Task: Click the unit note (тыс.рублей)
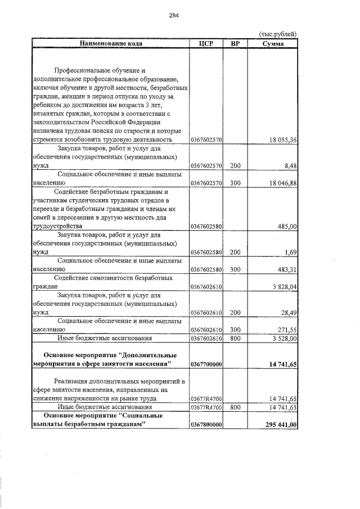pyautogui.click(x=277, y=34)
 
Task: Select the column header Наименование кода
pyautogui.click(x=111, y=43)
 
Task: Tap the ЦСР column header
pyautogui.click(x=206, y=43)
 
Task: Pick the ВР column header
pyautogui.click(x=235, y=43)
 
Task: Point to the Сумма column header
pyautogui.click(x=273, y=43)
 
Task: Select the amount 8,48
pyautogui.click(x=290, y=166)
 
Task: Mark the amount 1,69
pyautogui.click(x=290, y=252)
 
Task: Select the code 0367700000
pyautogui.click(x=206, y=364)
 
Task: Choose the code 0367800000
pyautogui.click(x=206, y=425)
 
